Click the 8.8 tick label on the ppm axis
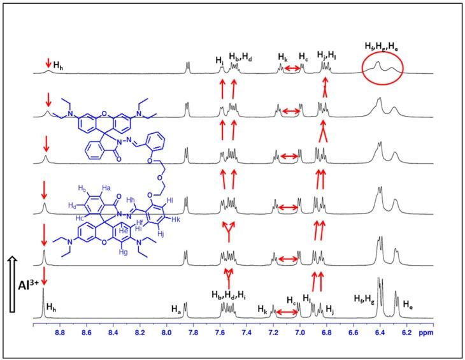(61, 332)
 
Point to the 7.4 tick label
(247, 332)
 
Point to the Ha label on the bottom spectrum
(176, 308)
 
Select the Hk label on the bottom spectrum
(262, 308)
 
